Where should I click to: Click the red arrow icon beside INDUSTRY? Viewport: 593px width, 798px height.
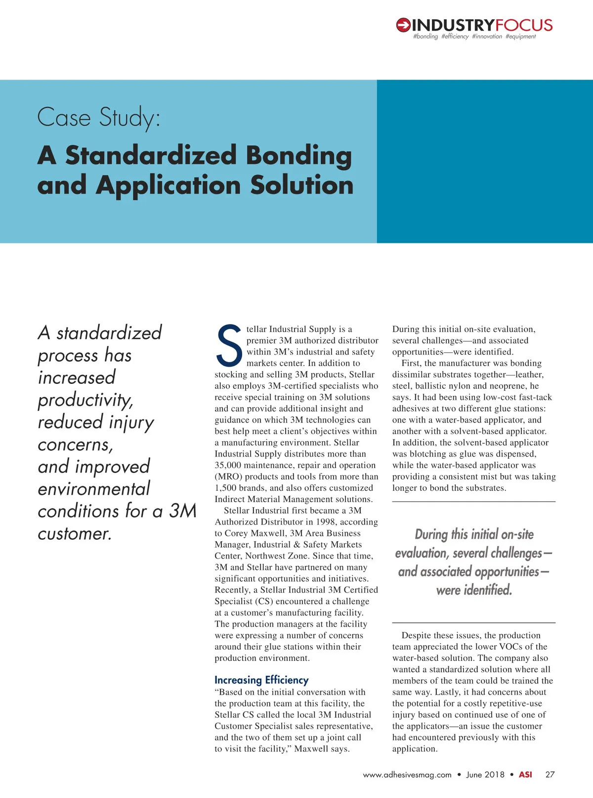[x=403, y=25]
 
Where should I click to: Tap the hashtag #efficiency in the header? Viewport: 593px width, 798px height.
[x=455, y=37]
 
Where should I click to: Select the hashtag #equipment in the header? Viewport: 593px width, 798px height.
[x=520, y=37]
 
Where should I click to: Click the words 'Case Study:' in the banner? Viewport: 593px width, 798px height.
[x=99, y=118]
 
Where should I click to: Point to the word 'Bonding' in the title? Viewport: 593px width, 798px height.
[x=298, y=155]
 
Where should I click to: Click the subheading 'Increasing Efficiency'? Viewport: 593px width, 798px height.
[x=261, y=680]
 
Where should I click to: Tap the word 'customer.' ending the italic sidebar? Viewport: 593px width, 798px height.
[x=75, y=533]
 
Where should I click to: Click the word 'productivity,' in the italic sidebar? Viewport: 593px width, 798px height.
[x=85, y=400]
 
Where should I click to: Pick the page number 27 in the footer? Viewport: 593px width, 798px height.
[x=550, y=775]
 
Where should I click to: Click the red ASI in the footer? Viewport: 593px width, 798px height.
[x=525, y=775]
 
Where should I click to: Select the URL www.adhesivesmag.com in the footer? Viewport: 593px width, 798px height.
[x=407, y=775]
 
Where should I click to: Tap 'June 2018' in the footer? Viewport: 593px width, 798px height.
[x=485, y=775]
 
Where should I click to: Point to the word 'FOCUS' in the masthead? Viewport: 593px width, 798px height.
[x=524, y=25]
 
